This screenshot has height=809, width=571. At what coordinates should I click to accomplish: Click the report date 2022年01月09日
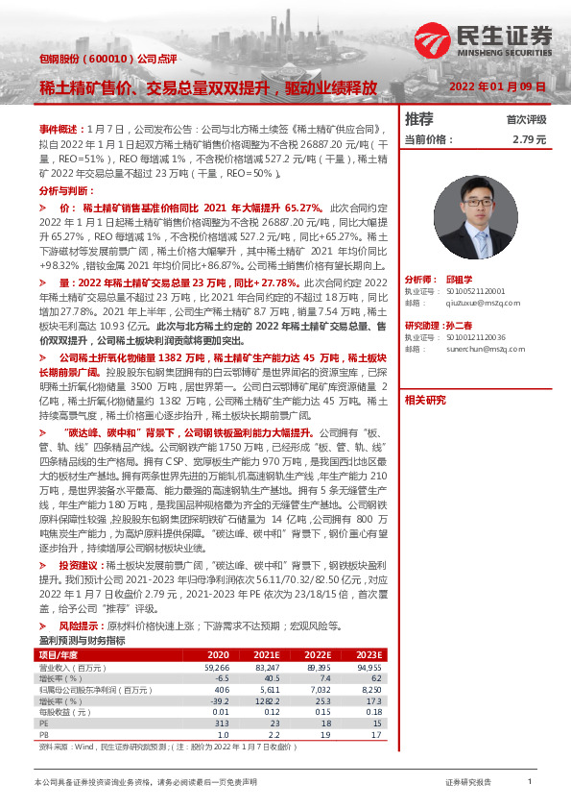pos(498,86)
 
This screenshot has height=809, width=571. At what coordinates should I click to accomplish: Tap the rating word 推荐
pos(419,119)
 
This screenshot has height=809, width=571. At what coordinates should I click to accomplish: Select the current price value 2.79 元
pos(530,139)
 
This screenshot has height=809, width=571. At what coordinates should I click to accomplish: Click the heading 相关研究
pos(425,400)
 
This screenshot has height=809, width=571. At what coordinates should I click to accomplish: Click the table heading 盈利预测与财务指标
pos(82,640)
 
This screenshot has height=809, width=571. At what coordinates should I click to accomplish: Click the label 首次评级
pos(526,120)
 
